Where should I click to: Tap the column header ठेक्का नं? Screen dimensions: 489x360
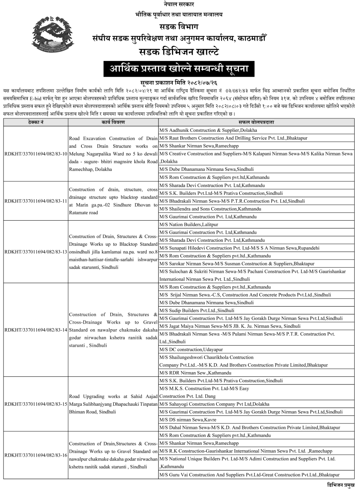pos(36,122)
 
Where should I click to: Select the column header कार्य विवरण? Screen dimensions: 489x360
pos(113,122)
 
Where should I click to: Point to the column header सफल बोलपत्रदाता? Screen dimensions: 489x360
pos(256,122)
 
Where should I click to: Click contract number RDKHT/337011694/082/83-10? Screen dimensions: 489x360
pos(36,154)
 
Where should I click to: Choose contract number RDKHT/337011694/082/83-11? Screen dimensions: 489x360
pos(36,201)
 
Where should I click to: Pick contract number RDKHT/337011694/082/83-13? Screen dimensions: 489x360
pos(36,252)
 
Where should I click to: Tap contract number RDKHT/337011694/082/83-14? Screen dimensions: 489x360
pos(36,330)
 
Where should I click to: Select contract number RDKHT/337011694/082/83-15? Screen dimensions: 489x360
pos(36,404)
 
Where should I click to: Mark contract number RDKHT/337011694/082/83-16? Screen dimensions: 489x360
pos(36,455)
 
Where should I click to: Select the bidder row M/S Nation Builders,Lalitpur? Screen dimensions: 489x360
pos(188,224)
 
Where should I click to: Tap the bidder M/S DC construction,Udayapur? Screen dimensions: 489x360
pos(191,349)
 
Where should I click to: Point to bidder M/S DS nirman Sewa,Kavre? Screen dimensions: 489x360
pos(188,420)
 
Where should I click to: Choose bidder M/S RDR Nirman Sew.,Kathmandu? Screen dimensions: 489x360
pos(195,373)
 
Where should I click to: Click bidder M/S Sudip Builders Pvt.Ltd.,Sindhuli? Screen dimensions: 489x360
pos(197,310)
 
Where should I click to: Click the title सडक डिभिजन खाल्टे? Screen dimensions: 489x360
pos(179,52)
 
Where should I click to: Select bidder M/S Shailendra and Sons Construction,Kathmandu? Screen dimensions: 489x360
pos(210,209)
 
